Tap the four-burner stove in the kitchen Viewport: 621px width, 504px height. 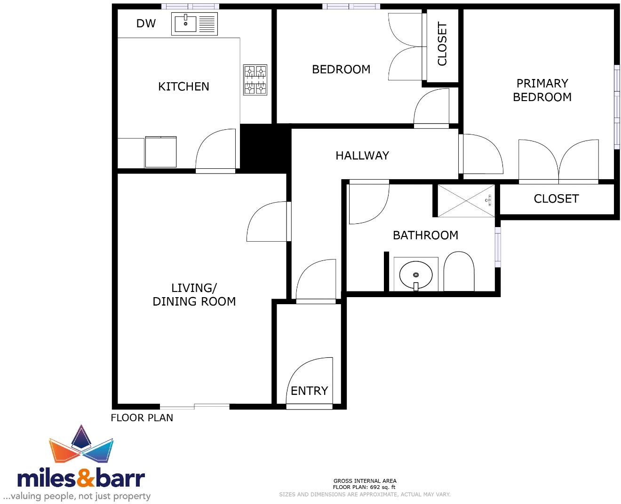(255, 79)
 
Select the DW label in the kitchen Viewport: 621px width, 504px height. (146, 24)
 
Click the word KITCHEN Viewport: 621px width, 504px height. (183, 87)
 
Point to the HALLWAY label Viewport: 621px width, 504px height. (362, 156)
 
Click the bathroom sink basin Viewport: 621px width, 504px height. (415, 274)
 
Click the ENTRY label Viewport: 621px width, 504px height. (309, 391)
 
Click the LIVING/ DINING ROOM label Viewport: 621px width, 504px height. (194, 295)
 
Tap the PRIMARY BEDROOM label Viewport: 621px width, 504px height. (542, 90)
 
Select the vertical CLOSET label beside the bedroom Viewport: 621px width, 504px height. (442, 44)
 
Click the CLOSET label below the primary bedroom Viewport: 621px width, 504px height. (556, 199)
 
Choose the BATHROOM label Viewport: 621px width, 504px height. (425, 235)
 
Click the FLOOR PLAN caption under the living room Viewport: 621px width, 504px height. (142, 417)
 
